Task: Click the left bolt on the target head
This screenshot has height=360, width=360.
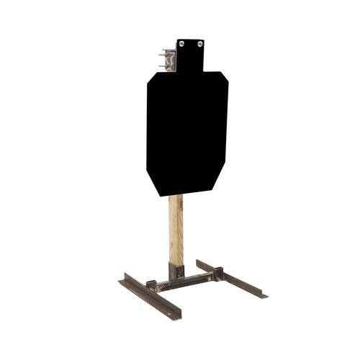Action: pos(182,44)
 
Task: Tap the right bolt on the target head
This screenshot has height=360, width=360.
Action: pos(197,44)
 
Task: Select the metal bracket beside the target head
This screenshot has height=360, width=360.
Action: pos(169,58)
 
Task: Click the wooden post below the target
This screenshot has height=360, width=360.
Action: pos(175,230)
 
